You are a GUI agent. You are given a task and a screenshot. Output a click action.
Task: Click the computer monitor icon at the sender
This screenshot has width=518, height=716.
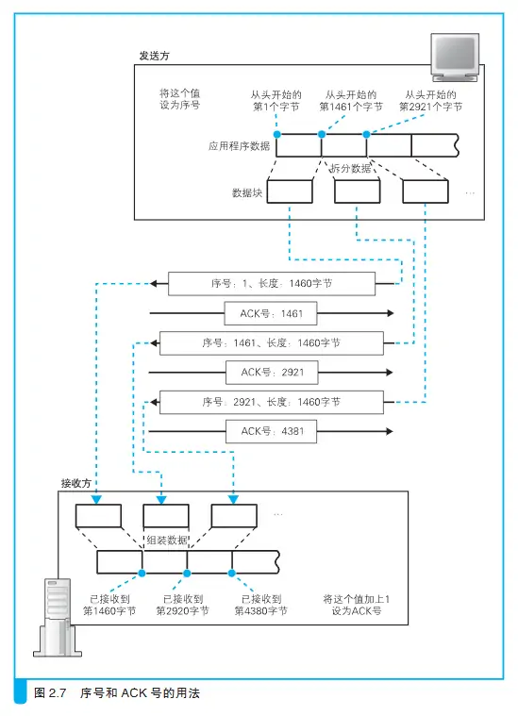455,57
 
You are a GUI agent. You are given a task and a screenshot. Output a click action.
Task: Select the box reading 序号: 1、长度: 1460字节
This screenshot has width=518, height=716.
272,284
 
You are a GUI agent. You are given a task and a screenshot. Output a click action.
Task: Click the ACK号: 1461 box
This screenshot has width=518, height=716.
271,313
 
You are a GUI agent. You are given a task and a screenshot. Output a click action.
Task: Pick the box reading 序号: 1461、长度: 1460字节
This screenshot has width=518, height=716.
272,343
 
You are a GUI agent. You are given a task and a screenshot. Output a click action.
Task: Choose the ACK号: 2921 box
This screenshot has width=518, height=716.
272,373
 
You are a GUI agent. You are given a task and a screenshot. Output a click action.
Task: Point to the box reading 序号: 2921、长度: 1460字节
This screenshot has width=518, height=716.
272,402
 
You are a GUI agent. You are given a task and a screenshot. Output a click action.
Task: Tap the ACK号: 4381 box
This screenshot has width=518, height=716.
272,431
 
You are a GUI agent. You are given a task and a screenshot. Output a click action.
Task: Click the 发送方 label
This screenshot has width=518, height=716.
155,56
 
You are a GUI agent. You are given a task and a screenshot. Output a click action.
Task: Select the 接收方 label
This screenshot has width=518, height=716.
76,483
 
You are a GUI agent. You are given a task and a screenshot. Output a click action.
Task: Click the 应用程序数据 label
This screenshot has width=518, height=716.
240,146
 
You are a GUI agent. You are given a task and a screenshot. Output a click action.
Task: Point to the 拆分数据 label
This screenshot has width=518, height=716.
350,169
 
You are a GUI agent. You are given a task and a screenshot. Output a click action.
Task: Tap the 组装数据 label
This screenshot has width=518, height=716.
167,541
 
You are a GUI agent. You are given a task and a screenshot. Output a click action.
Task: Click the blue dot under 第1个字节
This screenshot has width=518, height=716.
276,134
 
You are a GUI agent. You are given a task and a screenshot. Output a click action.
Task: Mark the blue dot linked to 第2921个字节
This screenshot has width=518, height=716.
366,134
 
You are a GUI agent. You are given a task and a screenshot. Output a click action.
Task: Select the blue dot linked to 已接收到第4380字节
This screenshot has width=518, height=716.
231,573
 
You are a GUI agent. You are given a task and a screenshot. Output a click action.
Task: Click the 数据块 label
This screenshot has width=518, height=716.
247,192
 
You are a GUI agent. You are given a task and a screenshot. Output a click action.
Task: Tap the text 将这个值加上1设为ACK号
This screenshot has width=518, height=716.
357,605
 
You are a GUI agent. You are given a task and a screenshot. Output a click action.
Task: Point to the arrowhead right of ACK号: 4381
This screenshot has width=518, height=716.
390,431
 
